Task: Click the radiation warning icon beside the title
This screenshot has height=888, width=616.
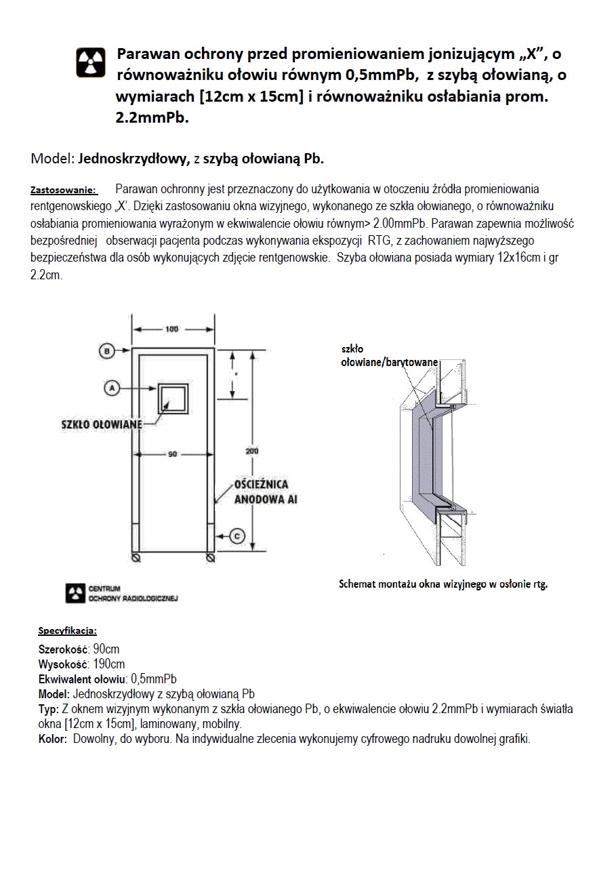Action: coord(89,62)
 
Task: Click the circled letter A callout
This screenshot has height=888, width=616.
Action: coord(112,387)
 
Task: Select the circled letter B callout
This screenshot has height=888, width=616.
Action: coord(107,350)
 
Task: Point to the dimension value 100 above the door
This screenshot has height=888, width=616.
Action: coord(172,329)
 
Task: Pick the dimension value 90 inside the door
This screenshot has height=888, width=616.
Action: coord(173,453)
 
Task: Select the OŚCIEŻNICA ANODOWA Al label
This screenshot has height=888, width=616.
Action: coord(261,493)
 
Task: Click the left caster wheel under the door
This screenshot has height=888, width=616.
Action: coord(136,558)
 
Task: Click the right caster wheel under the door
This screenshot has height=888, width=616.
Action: coord(211,558)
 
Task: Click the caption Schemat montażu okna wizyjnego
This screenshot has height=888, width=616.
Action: coord(443,584)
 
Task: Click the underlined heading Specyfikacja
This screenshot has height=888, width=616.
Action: coord(67,630)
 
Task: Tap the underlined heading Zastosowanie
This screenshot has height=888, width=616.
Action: coord(64,189)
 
